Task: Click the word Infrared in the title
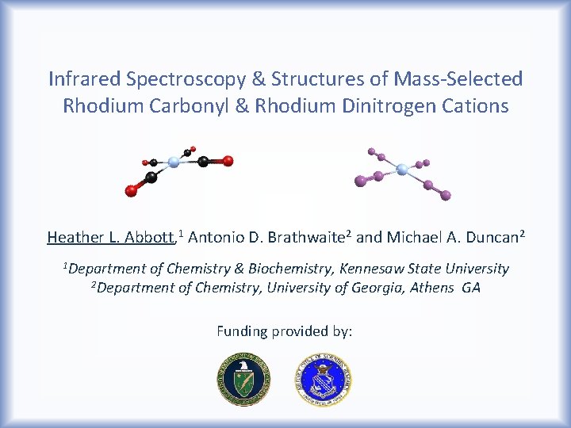coord(79,79)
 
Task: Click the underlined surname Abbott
coord(151,237)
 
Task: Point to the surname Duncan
coord(490,237)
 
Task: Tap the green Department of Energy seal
coord(243,380)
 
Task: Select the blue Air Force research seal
coord(324,380)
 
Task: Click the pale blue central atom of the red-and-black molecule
coord(174,162)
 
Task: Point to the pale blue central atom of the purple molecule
coord(401,169)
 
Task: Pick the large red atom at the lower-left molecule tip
coord(131,190)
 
